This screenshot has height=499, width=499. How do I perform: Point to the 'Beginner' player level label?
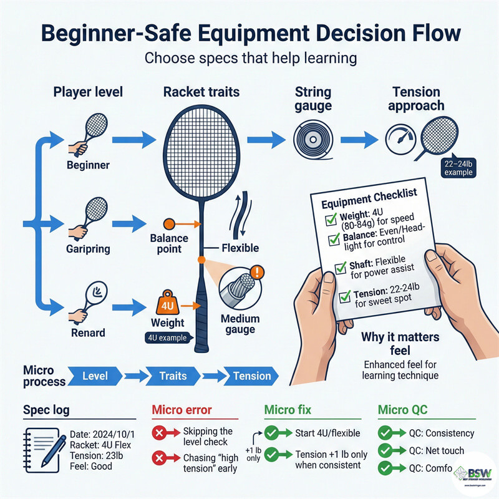pyautogui.click(x=89, y=165)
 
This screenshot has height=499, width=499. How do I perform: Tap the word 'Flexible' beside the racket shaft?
pyautogui.click(x=240, y=248)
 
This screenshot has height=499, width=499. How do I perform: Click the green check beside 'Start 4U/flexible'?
pyautogui.click(x=272, y=432)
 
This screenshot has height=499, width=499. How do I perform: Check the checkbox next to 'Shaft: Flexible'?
pyautogui.click(x=340, y=268)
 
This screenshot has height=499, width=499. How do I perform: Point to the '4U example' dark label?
pyautogui.click(x=167, y=339)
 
